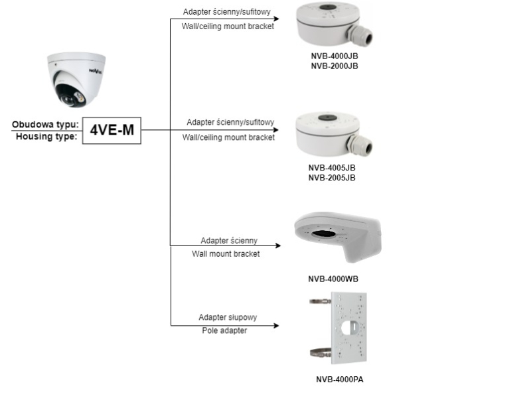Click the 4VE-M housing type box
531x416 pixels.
pos(112,130)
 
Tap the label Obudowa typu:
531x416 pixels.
pos(46,124)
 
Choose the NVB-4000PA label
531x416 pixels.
pos(339,380)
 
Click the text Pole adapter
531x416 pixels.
pos(224,330)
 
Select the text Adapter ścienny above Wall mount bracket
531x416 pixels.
pos(228,240)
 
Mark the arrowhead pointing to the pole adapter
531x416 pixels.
pos(277,325)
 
